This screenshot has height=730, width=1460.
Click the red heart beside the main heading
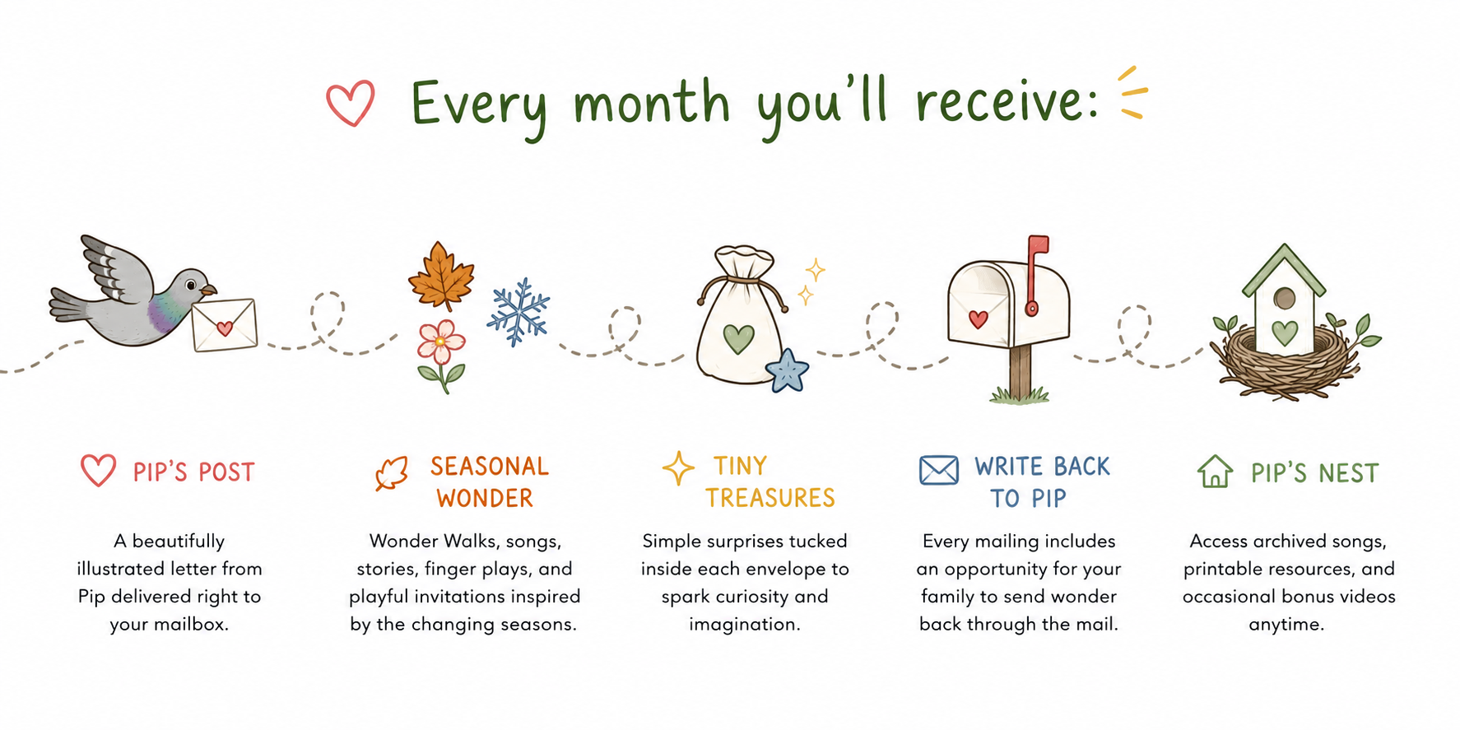pyautogui.click(x=351, y=104)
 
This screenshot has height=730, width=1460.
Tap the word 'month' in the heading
pyautogui.click(x=651, y=103)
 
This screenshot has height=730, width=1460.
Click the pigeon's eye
pyautogui.click(x=191, y=285)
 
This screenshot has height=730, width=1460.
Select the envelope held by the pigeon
pyautogui.click(x=224, y=325)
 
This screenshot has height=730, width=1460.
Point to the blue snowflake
pyautogui.click(x=518, y=312)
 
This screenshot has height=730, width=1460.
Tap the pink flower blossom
pyautogui.click(x=440, y=342)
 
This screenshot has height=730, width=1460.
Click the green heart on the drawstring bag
pyautogui.click(x=738, y=338)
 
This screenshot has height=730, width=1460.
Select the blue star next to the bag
pyautogui.click(x=788, y=370)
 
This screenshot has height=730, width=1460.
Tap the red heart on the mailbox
pyautogui.click(x=978, y=319)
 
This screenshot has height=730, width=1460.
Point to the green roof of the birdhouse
pyautogui.click(x=1284, y=270)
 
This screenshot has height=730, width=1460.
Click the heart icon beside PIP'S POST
pyautogui.click(x=98, y=470)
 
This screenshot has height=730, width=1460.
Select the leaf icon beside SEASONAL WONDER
pyautogui.click(x=392, y=473)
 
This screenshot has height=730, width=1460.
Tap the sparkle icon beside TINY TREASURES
pyautogui.click(x=678, y=467)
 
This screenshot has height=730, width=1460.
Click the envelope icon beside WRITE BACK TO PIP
pyautogui.click(x=939, y=470)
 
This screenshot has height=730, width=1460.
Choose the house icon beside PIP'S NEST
pyautogui.click(x=1215, y=472)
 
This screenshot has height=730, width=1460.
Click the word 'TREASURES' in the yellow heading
pyautogui.click(x=770, y=498)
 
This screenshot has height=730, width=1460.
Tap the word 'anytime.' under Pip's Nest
pyautogui.click(x=1286, y=625)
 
